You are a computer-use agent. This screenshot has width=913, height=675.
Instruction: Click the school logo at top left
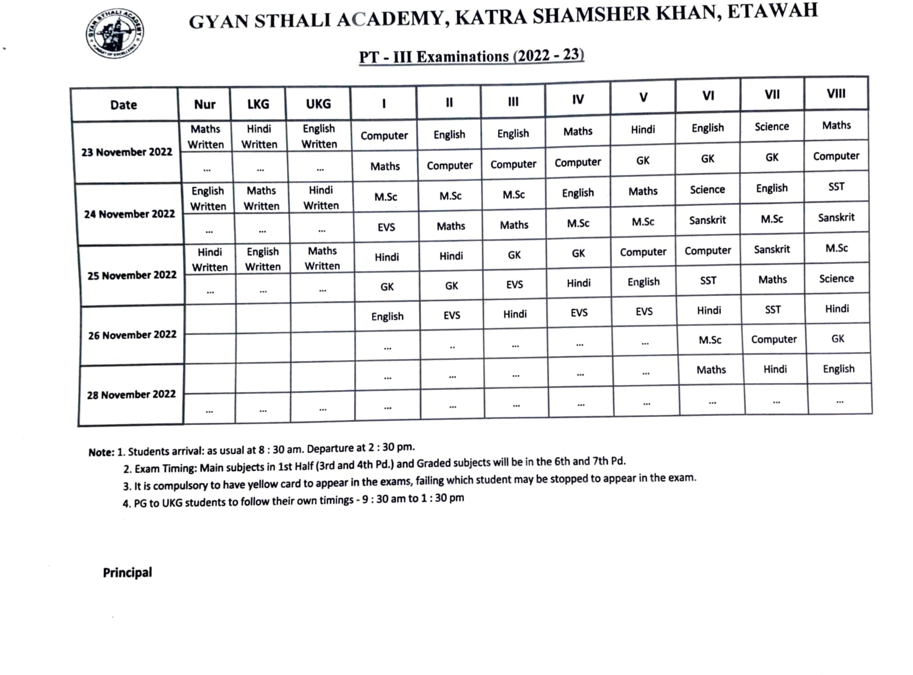[114, 33]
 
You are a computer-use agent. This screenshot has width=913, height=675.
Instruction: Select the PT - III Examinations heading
[471, 56]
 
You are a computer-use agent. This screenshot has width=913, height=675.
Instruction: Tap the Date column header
[124, 105]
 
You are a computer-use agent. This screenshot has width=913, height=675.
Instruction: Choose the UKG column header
[318, 104]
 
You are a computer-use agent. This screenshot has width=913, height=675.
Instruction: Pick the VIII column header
[836, 94]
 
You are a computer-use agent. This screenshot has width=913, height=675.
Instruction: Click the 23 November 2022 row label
[127, 152]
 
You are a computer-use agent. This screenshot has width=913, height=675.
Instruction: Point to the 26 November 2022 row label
[132, 335]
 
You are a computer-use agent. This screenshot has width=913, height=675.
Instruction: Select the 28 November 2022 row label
[131, 395]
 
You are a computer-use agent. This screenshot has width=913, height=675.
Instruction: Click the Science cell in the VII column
[771, 127]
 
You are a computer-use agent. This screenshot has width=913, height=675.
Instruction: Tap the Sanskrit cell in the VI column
[708, 220]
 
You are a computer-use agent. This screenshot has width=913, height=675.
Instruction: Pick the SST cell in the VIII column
[836, 187]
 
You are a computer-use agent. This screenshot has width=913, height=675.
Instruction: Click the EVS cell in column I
[386, 227]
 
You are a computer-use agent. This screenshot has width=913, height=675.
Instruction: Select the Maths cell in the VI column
[711, 370]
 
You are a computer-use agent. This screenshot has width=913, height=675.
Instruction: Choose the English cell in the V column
[644, 282]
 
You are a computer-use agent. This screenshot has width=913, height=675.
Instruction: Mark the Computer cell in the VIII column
[836, 156]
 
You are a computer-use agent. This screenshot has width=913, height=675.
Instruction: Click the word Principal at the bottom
[127, 573]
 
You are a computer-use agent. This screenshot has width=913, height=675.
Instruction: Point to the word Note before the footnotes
[100, 452]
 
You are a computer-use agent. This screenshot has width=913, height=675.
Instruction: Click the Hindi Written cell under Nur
[210, 260]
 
